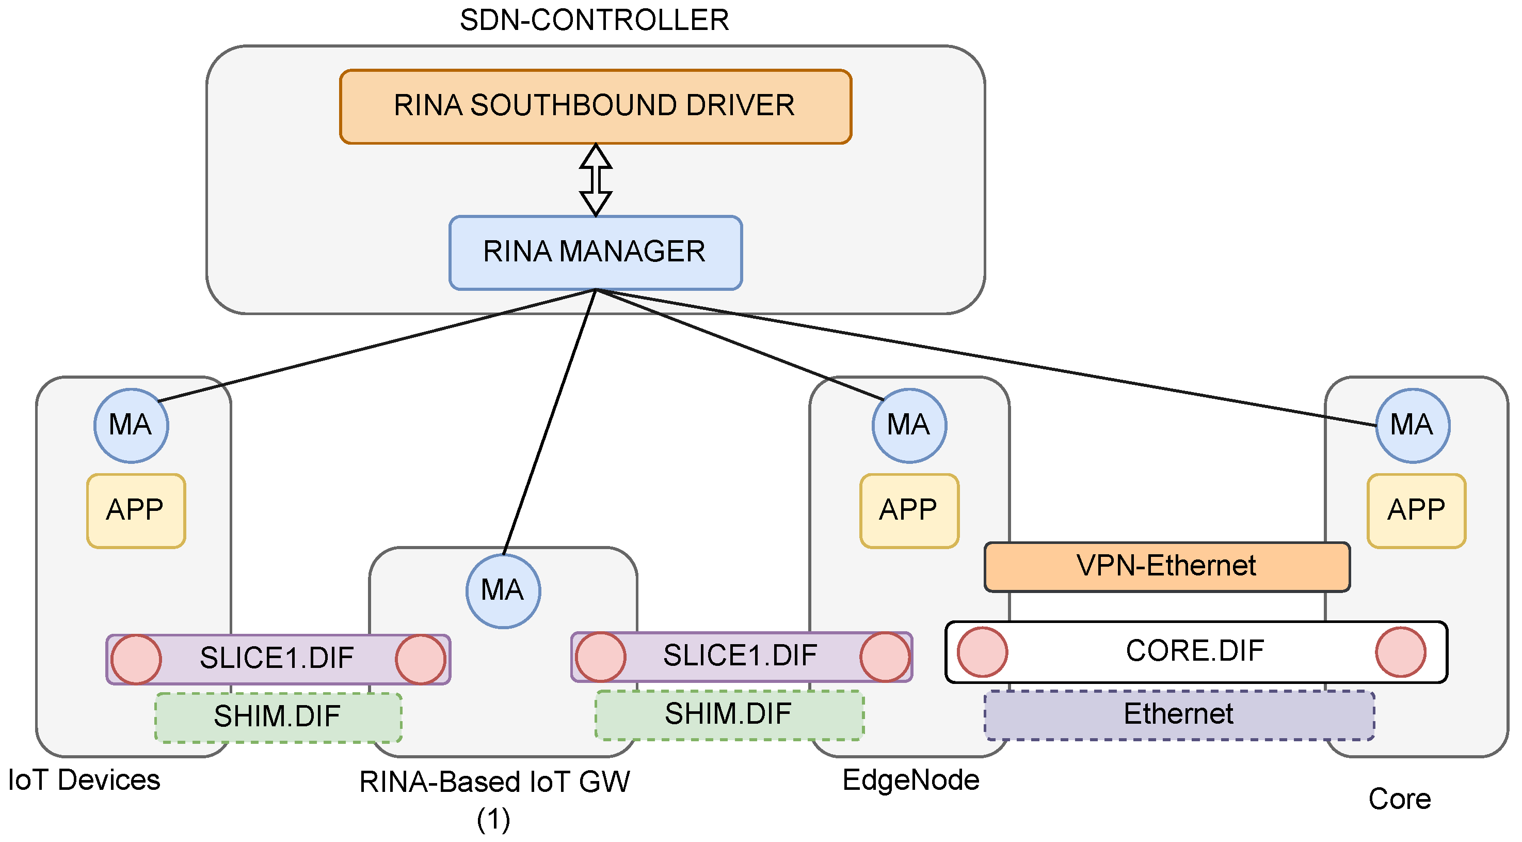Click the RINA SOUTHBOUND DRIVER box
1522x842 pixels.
click(x=595, y=106)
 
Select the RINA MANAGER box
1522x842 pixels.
click(x=595, y=253)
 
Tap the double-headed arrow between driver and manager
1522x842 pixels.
click(x=595, y=180)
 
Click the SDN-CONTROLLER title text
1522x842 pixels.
click(x=594, y=20)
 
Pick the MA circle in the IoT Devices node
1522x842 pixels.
click(x=131, y=425)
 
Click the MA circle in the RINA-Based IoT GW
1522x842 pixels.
click(x=503, y=591)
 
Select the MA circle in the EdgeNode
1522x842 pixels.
click(x=909, y=425)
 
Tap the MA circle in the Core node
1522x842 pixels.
click(x=1412, y=425)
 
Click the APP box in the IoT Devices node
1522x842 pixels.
click(x=136, y=510)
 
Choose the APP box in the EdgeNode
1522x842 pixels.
click(x=909, y=510)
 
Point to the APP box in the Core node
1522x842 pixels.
click(x=1416, y=510)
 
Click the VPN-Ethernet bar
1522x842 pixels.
click(x=1166, y=566)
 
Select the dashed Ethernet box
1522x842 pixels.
click(x=1178, y=714)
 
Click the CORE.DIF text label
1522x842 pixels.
click(x=1195, y=651)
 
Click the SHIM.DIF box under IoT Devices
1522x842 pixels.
click(x=278, y=716)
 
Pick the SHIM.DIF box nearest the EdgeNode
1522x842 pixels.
click(x=729, y=714)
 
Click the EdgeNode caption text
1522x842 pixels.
click(x=910, y=780)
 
